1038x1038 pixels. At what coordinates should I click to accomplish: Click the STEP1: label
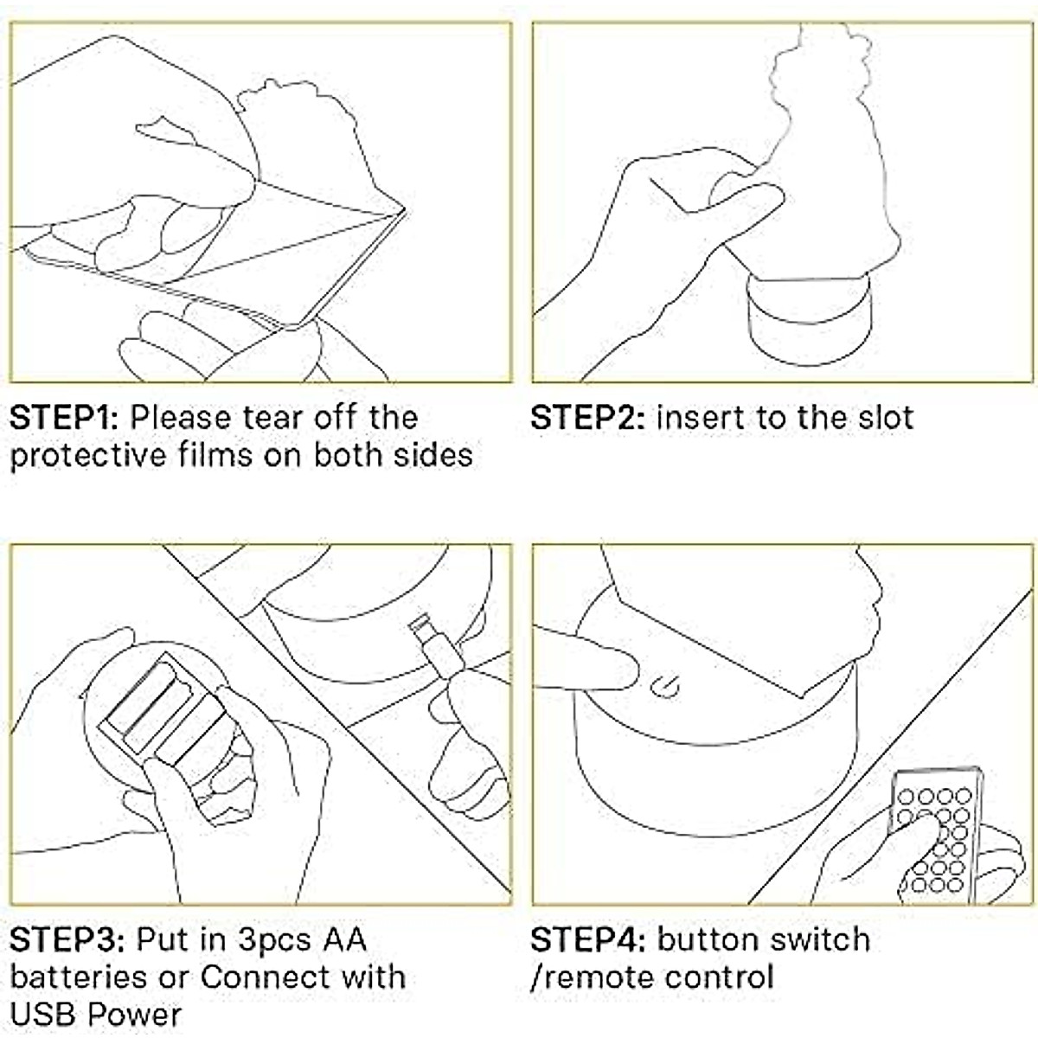(x=64, y=418)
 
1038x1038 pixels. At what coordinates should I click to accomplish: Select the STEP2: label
(x=587, y=418)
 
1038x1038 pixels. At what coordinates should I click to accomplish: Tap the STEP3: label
(x=67, y=940)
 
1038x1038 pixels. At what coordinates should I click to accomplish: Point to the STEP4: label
(x=587, y=940)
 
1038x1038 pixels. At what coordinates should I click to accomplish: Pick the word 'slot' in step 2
(x=886, y=418)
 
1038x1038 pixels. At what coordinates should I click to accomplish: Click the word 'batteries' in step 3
(x=79, y=977)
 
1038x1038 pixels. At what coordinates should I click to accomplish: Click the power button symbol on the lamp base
(x=665, y=688)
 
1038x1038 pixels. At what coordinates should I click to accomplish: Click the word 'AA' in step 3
(x=345, y=940)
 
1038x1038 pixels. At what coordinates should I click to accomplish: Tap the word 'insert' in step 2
(x=701, y=418)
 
